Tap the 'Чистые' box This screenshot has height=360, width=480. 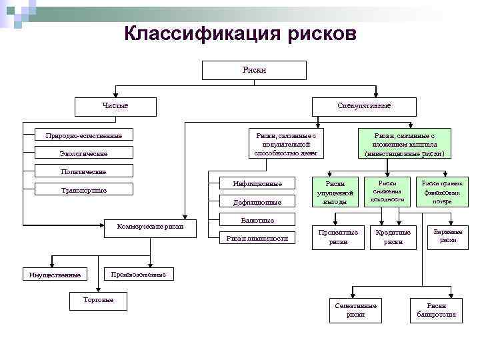click(x=115, y=106)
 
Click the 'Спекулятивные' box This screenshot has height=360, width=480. click(x=364, y=106)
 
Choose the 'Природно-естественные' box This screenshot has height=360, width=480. click(x=83, y=135)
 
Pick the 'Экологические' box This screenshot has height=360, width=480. click(x=83, y=154)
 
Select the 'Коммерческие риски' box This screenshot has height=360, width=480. click(x=149, y=227)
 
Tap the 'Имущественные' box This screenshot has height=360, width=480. click(x=55, y=275)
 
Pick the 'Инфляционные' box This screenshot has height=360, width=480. click(x=257, y=183)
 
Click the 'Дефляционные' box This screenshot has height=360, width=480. click(x=257, y=202)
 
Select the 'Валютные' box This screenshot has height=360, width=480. click(x=257, y=220)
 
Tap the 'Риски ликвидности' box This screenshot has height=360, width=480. click(x=257, y=238)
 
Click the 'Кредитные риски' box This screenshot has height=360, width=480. click(x=393, y=237)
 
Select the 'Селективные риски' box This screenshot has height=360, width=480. click(x=355, y=309)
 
